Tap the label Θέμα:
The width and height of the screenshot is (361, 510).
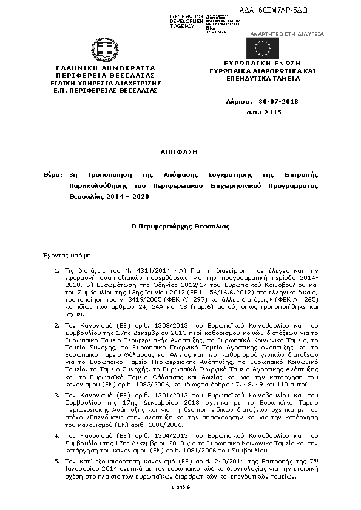(52, 174)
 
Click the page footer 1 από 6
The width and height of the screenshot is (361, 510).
(181, 487)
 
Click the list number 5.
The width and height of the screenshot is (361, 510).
(56, 461)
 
